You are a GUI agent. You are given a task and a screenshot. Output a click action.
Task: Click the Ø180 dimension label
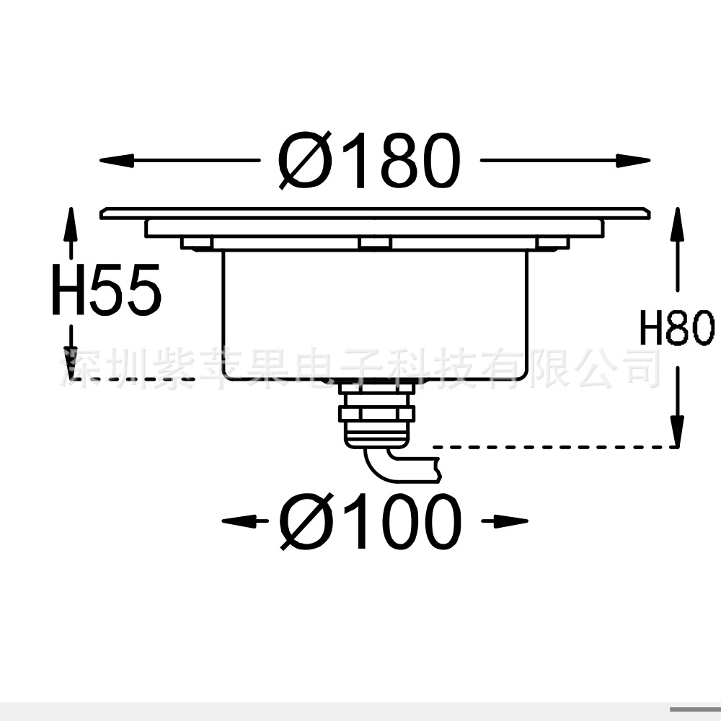click(x=368, y=161)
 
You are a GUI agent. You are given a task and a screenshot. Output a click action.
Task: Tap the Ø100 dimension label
click(x=370, y=521)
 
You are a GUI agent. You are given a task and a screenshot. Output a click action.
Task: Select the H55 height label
click(x=106, y=289)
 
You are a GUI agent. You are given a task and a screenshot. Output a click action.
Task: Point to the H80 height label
click(x=677, y=327)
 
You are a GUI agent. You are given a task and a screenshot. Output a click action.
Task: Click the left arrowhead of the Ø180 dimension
click(x=116, y=161)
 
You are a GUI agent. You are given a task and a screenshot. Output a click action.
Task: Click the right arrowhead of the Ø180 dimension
click(x=633, y=161)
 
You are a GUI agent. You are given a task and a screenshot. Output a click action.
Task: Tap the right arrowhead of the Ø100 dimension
click(x=511, y=521)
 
